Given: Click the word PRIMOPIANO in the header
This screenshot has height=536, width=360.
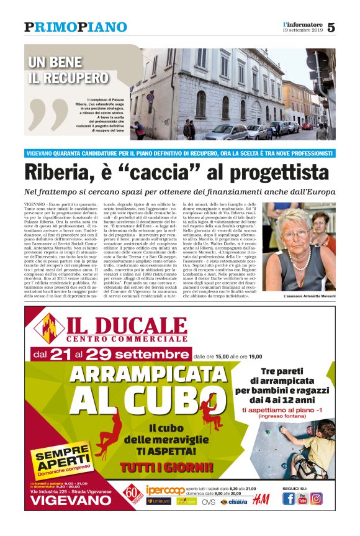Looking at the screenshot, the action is [76, 27].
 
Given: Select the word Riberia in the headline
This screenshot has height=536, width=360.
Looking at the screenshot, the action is [60, 171].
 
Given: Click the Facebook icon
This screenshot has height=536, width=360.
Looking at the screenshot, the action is [289, 499].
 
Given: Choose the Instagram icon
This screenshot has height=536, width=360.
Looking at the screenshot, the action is [317, 499].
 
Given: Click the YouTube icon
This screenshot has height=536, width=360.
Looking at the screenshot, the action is [303, 499].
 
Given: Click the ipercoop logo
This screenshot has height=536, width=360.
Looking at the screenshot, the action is [166, 490].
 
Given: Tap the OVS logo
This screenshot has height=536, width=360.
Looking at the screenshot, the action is [209, 502].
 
